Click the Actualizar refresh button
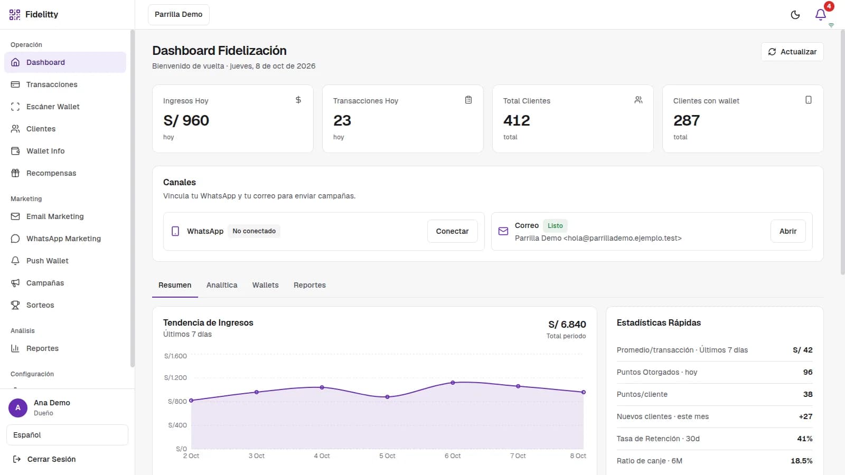tap(792, 52)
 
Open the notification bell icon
tap(820, 15)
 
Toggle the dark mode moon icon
tap(795, 15)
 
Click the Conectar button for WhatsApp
tap(452, 231)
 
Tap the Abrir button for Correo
tap(788, 231)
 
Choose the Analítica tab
tap(222, 285)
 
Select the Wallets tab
tap(265, 285)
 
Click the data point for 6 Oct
tap(453, 383)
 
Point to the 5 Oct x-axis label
tap(387, 456)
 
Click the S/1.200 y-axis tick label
tap(175, 377)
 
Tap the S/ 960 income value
tap(186, 120)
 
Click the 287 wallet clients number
tap(686, 120)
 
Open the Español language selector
tap(67, 435)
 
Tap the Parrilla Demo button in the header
tap(179, 15)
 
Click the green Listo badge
tap(555, 225)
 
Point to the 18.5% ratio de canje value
tap(801, 461)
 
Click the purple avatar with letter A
tap(18, 407)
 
